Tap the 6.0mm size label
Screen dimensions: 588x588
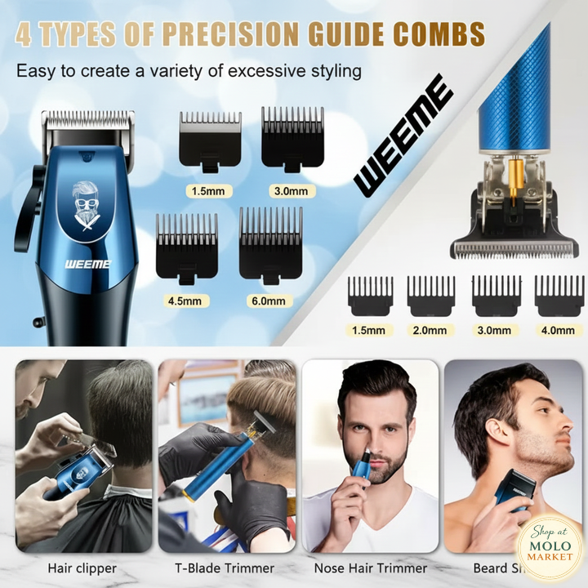[269, 300]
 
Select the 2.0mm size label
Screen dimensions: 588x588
[430, 330]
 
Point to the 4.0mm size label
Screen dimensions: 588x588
[559, 330]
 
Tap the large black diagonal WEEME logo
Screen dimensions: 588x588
[403, 136]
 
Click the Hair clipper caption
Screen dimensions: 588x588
[82, 568]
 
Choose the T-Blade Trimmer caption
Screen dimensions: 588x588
[225, 568]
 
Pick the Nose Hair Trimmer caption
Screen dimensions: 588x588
[371, 568]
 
